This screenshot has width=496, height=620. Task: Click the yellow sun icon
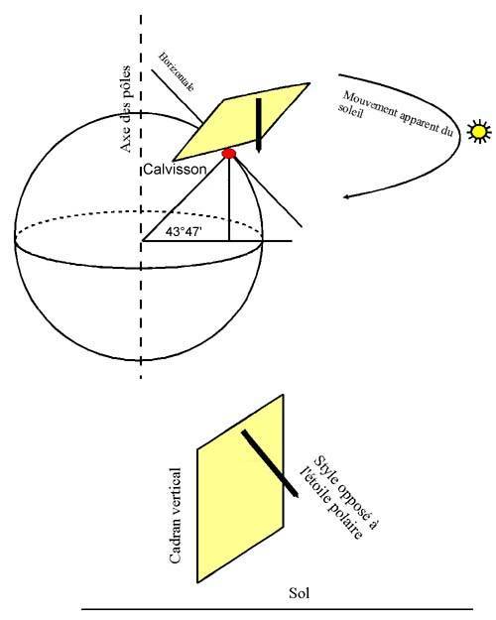click(479, 131)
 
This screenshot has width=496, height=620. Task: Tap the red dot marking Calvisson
click(229, 154)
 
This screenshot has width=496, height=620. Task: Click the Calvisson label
click(175, 170)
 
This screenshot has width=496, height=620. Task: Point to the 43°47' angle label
click(184, 232)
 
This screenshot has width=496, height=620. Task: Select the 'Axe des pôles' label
click(125, 109)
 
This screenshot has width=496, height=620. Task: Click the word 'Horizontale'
click(177, 72)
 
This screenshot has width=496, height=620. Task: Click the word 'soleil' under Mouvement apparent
click(350, 111)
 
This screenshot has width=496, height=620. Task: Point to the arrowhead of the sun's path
click(346, 196)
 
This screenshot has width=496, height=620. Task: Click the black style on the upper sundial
click(259, 125)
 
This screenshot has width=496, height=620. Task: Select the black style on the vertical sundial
click(270, 463)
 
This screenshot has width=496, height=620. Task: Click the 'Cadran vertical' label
click(176, 516)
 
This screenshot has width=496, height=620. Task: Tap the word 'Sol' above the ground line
click(299, 593)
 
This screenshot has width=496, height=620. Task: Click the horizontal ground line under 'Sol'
click(277, 609)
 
